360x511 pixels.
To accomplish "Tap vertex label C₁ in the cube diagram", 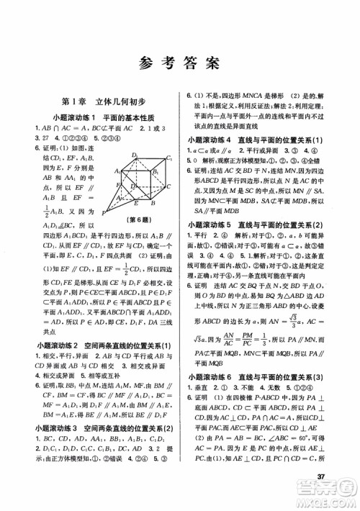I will (169, 158).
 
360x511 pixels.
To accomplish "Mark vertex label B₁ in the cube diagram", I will (156, 173).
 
